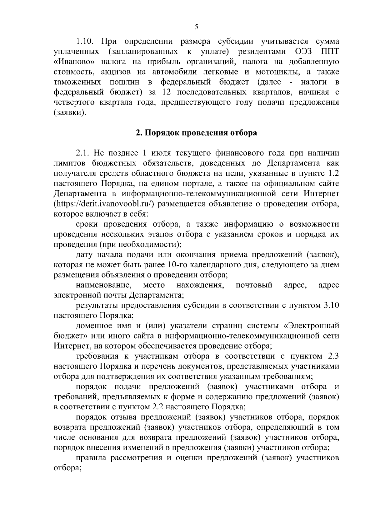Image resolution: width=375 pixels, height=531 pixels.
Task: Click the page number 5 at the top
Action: pyautogui.click(x=196, y=27)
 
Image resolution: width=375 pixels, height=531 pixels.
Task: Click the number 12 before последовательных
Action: pyautogui.click(x=168, y=92)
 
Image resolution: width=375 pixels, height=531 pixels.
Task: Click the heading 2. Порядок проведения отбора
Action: pyautogui.click(x=196, y=133)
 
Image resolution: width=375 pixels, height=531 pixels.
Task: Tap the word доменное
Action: pyautogui.click(x=92, y=326)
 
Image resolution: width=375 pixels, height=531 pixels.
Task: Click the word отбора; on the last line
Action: pyautogui.click(x=67, y=468)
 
